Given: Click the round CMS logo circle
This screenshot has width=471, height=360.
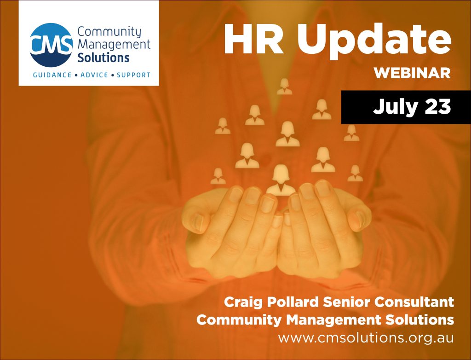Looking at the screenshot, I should (x=51, y=45).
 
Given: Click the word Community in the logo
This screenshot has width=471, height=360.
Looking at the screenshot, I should (x=109, y=32).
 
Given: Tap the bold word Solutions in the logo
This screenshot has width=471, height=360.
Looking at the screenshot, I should (x=103, y=58).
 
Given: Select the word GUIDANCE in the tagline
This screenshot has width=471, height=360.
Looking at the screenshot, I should (x=50, y=75).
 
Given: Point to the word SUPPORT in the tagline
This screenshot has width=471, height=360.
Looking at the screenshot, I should (x=133, y=75).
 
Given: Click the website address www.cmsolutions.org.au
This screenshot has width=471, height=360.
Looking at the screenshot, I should (x=366, y=337).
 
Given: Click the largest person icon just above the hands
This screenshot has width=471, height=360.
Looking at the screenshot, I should (x=281, y=180).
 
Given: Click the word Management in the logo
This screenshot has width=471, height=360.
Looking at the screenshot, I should (x=114, y=45).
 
